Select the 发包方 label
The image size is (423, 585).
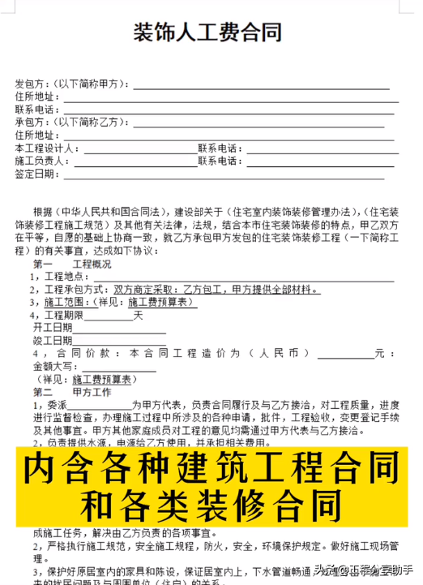pos(31,83)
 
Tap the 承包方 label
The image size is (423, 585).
pos(31,122)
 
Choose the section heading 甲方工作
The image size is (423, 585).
pos(92,392)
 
